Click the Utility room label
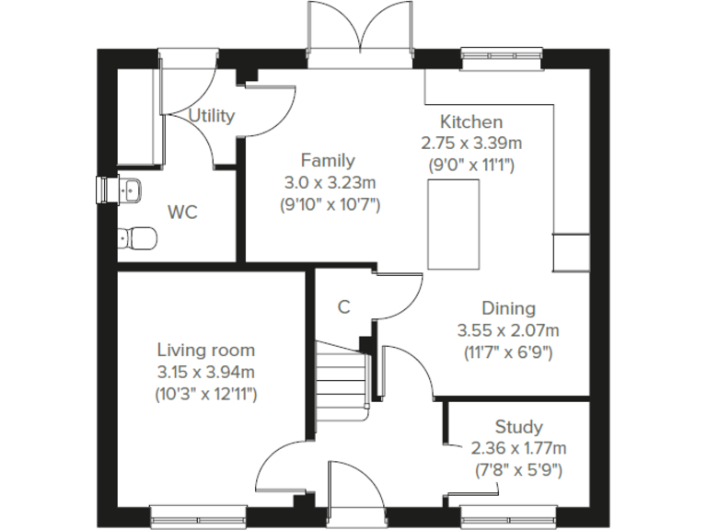pos(212,116)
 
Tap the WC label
pos(182,213)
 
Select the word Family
pos(329,160)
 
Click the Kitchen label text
pos(470,121)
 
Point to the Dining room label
pos(508,308)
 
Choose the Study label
pos(518,427)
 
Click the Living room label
pos(205,350)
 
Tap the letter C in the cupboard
pos(343,307)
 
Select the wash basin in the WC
pos(128,189)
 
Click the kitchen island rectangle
pos(454,225)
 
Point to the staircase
pos(342,373)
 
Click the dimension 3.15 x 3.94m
pos(205,372)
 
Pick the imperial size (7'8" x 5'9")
pos(518,470)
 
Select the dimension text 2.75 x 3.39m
pos(470,144)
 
